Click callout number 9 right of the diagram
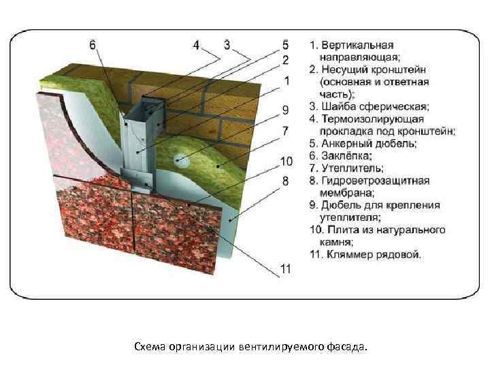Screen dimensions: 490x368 286,109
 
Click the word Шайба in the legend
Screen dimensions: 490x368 338,106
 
